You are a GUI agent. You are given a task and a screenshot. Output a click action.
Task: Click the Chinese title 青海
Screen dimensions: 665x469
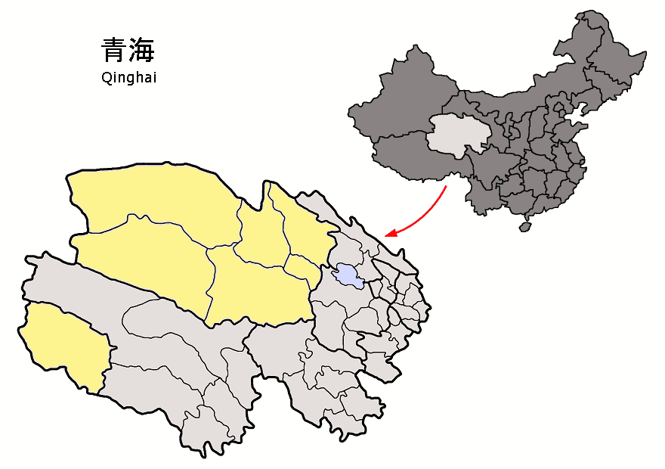(128, 51)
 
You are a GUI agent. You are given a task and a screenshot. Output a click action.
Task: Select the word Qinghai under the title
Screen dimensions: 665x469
(128, 77)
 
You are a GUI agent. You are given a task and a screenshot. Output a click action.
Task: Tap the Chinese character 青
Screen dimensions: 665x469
(114, 51)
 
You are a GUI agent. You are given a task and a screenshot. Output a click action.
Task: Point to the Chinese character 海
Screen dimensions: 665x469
(142, 51)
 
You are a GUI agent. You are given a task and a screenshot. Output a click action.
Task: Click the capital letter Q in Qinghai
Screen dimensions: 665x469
(106, 76)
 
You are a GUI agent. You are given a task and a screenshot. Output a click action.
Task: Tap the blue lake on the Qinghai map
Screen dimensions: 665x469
(348, 275)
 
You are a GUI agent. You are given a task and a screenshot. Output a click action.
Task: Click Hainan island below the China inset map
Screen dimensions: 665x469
(524, 225)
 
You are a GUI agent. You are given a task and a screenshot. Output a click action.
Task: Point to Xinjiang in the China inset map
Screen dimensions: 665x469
(401, 98)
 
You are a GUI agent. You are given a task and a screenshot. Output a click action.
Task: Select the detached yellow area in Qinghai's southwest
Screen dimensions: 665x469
(64, 344)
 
